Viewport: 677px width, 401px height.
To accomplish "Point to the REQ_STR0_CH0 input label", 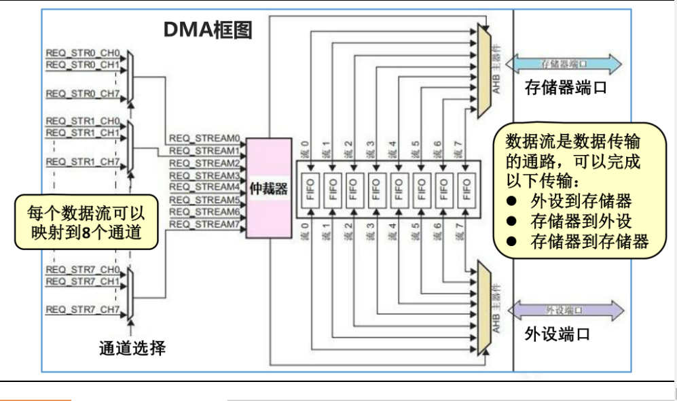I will (x=82, y=52).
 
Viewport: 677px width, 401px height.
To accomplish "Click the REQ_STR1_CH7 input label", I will (x=82, y=162).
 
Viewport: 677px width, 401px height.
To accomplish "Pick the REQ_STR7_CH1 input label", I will (x=82, y=281).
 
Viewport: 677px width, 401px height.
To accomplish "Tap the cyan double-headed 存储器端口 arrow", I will (x=563, y=64).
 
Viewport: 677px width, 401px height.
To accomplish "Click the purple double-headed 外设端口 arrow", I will (x=563, y=310).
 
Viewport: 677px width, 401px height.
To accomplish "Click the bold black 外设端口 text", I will (x=557, y=334).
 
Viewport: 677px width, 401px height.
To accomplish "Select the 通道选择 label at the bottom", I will (x=132, y=349).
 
